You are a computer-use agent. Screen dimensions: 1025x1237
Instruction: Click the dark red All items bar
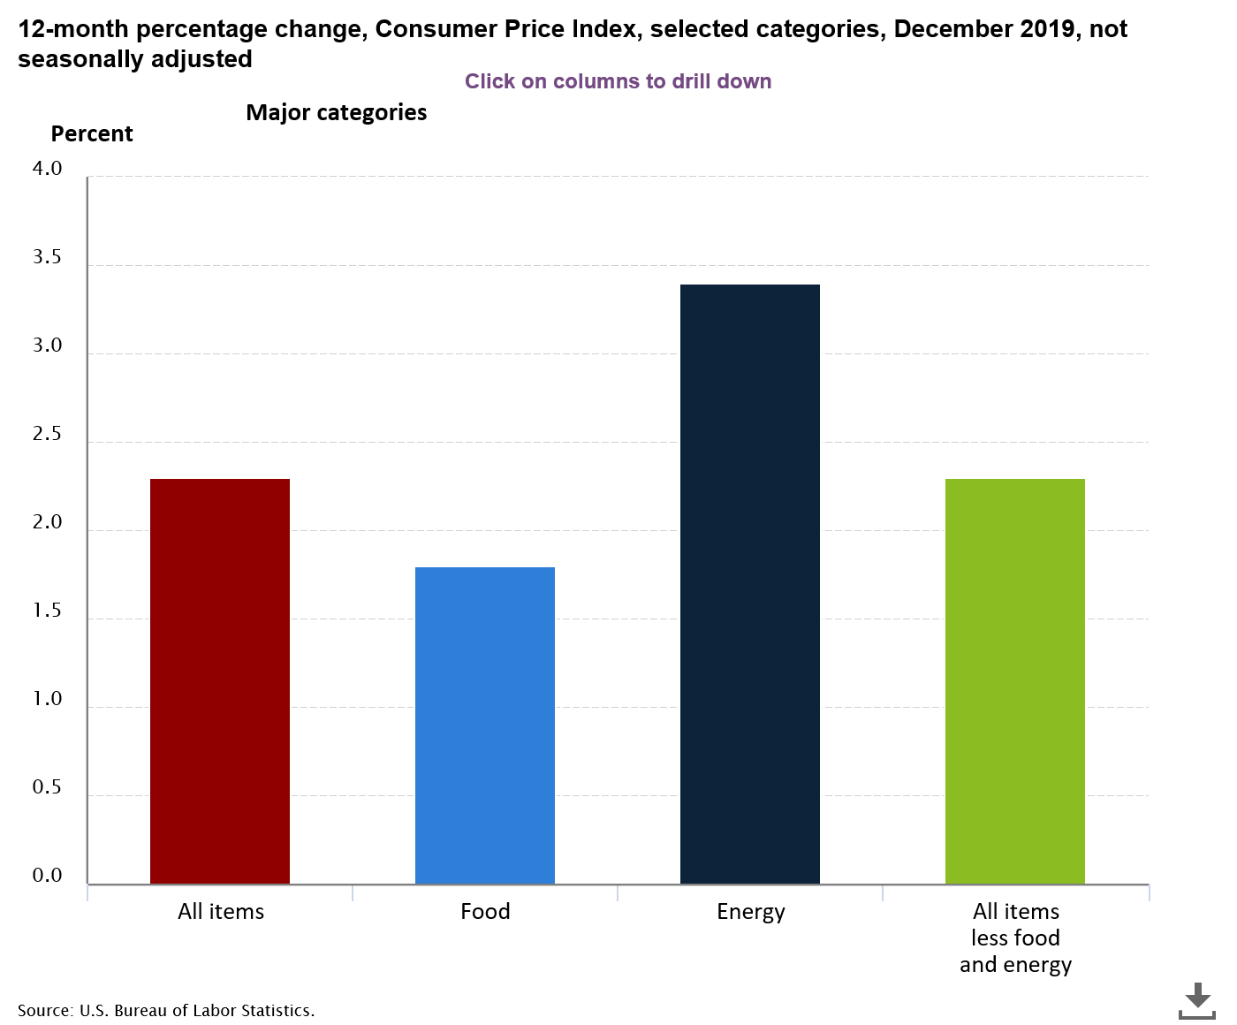(220, 680)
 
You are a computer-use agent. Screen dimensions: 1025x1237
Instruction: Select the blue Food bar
(485, 725)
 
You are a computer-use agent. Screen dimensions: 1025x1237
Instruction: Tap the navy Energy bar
(750, 583)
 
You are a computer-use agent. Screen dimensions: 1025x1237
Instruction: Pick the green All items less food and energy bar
(1015, 680)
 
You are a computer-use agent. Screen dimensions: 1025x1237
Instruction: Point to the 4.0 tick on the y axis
(48, 169)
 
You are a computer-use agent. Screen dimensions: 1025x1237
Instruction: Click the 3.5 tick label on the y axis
(48, 257)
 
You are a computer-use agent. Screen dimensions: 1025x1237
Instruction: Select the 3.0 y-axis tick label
(48, 345)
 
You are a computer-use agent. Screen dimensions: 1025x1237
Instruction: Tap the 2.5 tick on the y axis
(48, 434)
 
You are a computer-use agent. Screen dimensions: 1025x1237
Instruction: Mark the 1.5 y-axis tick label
(48, 611)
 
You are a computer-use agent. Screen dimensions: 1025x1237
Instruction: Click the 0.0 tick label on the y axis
(48, 876)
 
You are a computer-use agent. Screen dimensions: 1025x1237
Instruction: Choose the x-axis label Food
(485, 911)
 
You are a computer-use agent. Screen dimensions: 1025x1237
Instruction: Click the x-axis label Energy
(750, 911)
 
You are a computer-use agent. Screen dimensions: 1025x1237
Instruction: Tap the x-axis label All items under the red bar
(221, 911)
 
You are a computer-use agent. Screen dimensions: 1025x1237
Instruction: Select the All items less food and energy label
(1015, 938)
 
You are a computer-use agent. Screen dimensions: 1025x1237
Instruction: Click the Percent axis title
(92, 133)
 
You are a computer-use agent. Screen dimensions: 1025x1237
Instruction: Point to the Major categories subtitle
(336, 112)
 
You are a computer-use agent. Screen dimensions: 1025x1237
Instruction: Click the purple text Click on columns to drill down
(618, 81)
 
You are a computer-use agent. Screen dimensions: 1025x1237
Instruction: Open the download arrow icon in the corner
(1197, 999)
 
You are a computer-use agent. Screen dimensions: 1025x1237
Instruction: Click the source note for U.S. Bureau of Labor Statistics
(166, 1010)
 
